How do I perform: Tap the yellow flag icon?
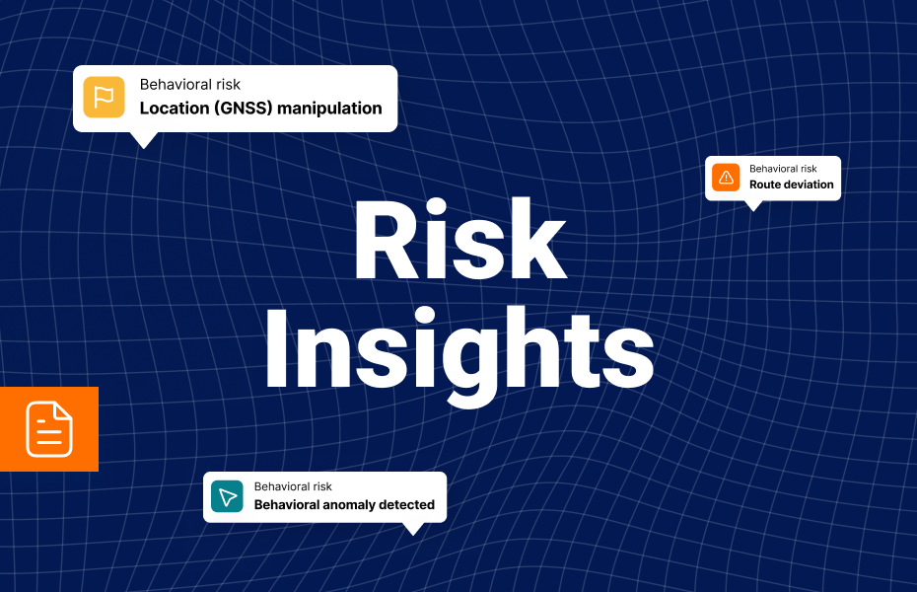coord(104,98)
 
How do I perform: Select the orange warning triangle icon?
coord(727,178)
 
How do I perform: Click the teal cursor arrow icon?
coord(227,496)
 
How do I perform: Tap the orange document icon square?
coord(49,429)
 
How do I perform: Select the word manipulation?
coord(329,109)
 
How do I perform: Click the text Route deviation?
coord(791,185)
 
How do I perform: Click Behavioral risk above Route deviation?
coord(783,169)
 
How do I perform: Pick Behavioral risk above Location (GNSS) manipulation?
coord(190,85)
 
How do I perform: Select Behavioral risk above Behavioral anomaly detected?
coord(293,486)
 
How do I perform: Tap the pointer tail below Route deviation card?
coord(753,205)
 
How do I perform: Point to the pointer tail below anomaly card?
coord(412,529)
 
